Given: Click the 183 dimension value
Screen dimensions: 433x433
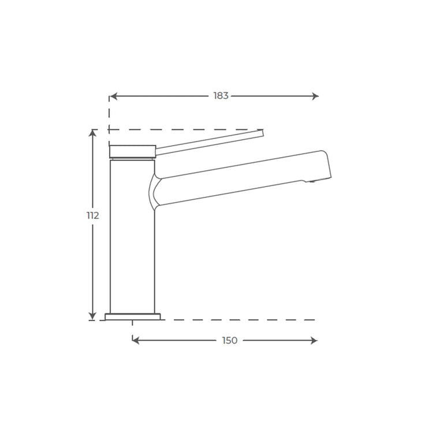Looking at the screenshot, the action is click(221, 96).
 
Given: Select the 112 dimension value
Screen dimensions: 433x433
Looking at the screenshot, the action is click(93, 215).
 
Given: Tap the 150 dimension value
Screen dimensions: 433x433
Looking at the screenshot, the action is click(230, 341).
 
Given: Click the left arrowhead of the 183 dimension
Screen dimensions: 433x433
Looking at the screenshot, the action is click(113, 96).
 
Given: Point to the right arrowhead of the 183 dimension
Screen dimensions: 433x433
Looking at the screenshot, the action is click(315, 96).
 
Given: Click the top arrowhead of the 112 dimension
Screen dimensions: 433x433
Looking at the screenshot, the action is click(92, 133).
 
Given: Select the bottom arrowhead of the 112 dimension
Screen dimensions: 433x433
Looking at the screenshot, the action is click(92, 316).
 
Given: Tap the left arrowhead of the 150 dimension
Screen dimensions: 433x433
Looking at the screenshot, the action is click(136, 341).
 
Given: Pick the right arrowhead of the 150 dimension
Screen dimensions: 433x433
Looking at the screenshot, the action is click(314, 341).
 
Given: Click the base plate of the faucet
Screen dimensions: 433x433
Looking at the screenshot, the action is click(133, 316).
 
